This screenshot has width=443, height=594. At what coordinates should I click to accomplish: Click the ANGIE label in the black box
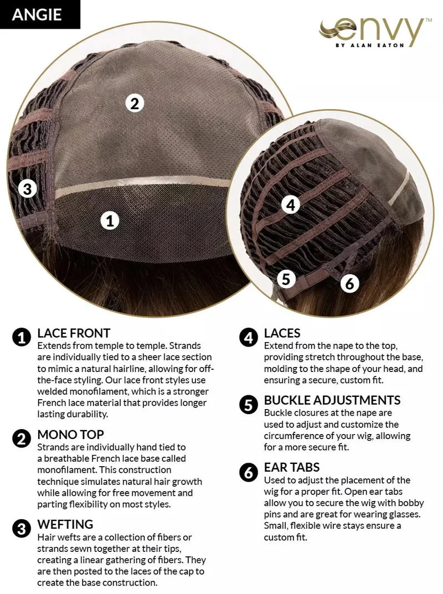click(37, 14)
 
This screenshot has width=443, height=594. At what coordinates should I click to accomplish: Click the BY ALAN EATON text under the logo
click(370, 45)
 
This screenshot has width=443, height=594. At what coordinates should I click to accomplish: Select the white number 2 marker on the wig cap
click(135, 103)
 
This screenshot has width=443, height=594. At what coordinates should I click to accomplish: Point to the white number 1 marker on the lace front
click(110, 220)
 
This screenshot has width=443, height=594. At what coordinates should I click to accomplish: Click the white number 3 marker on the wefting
click(27, 188)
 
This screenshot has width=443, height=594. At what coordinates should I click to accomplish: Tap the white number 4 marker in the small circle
click(291, 205)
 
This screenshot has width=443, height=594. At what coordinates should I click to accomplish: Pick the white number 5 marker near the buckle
click(286, 279)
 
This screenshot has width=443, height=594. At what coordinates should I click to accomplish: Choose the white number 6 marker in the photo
click(349, 283)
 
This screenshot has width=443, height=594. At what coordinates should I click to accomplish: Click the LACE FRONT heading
click(74, 333)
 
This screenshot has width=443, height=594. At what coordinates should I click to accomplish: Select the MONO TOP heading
click(70, 435)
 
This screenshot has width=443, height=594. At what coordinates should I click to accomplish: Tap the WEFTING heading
click(65, 524)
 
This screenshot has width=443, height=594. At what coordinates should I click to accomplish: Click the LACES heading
click(282, 333)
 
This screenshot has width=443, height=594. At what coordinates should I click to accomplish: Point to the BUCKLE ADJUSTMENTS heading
click(332, 400)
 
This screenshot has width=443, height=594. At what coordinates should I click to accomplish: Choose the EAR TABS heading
click(292, 467)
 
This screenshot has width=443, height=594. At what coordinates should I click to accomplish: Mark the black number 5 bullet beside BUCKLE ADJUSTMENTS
click(249, 405)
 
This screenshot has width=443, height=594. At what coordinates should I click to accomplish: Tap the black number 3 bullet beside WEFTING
click(22, 529)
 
